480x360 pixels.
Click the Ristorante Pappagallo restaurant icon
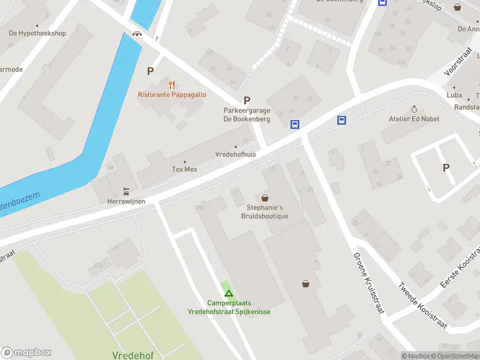(x=172, y=84)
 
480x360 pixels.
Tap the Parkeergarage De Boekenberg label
(x=247, y=115)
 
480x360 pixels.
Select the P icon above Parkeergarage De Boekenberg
(x=247, y=100)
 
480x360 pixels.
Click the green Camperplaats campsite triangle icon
(x=228, y=293)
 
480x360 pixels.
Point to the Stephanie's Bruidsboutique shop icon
(x=265, y=197)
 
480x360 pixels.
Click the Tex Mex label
(x=184, y=170)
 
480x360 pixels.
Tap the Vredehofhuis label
(x=235, y=154)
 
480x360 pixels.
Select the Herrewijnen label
(x=126, y=201)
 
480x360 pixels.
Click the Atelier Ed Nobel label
(x=414, y=119)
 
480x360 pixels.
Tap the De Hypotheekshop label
(x=37, y=34)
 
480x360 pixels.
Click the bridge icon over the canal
(x=137, y=34)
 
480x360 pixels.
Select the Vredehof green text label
(x=133, y=355)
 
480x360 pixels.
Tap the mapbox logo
(x=26, y=352)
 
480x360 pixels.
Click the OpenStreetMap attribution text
(x=455, y=356)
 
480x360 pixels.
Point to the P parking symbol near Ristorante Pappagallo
(x=150, y=71)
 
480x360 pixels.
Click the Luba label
(x=454, y=95)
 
